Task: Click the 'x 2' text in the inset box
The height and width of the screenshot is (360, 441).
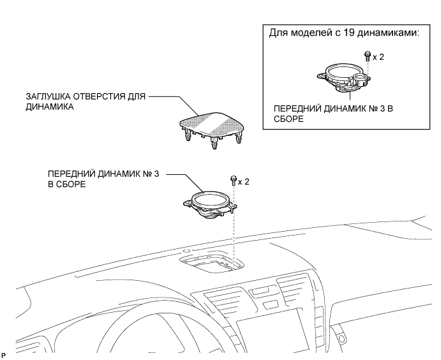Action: tap(378, 57)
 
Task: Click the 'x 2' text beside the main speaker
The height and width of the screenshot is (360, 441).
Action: tap(244, 181)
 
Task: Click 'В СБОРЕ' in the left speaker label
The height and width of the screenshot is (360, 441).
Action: tap(67, 183)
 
